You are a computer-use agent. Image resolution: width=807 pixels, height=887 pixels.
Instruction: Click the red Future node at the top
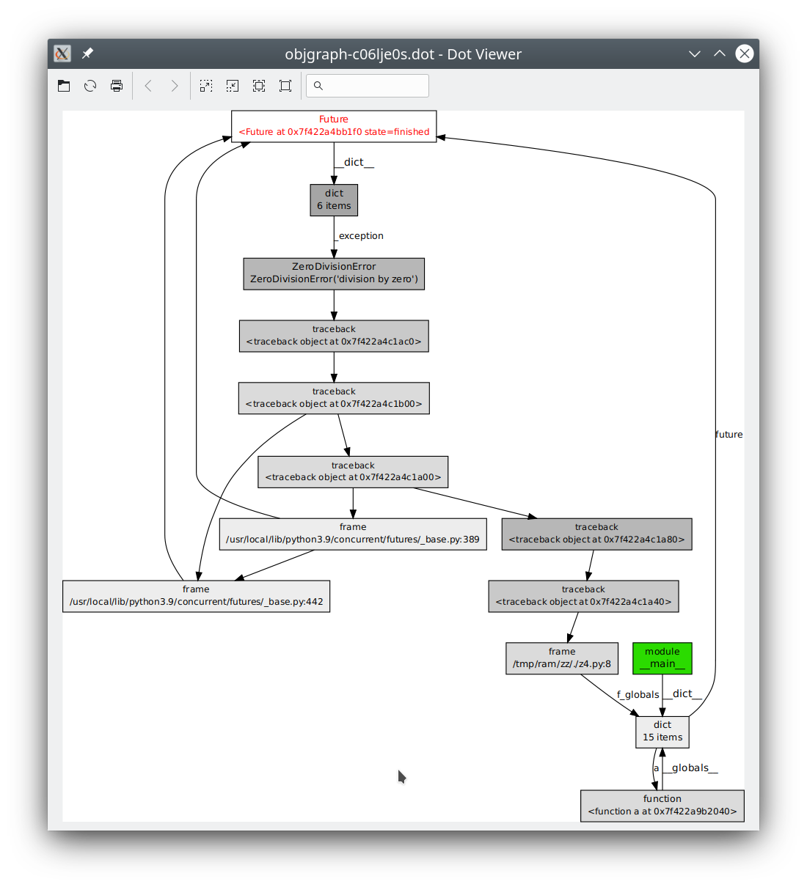tap(334, 126)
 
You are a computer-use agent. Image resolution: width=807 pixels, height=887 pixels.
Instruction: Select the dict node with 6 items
tap(334, 200)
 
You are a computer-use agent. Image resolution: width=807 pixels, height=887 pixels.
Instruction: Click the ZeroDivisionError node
tap(334, 273)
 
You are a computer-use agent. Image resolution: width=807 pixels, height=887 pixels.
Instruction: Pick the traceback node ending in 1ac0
tap(334, 336)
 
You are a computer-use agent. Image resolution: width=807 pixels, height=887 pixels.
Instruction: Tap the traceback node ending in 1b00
tap(334, 398)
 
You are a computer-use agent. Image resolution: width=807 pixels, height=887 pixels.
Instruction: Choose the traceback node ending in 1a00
tap(353, 471)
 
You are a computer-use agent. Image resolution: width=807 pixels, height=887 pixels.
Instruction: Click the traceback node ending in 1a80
tap(596, 534)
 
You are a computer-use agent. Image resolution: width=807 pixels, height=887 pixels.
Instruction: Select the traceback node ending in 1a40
tap(583, 596)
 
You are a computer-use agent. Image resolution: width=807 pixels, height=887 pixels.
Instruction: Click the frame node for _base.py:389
tap(353, 534)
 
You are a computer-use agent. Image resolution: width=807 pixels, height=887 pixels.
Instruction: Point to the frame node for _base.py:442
tap(196, 596)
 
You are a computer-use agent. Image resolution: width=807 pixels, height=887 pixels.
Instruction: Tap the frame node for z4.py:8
tap(562, 658)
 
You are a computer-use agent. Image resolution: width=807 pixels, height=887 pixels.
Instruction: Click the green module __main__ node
tap(662, 658)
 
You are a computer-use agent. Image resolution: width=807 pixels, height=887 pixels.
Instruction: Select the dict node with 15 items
tap(662, 732)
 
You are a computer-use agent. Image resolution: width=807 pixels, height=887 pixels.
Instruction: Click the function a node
tap(662, 806)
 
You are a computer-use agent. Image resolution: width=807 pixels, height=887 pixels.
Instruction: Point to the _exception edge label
tap(359, 236)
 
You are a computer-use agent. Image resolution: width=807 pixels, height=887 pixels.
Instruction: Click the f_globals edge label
tap(638, 695)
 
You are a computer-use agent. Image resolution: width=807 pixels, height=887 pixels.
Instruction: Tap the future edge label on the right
tap(729, 435)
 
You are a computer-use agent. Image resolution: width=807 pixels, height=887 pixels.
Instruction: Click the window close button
tap(745, 54)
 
